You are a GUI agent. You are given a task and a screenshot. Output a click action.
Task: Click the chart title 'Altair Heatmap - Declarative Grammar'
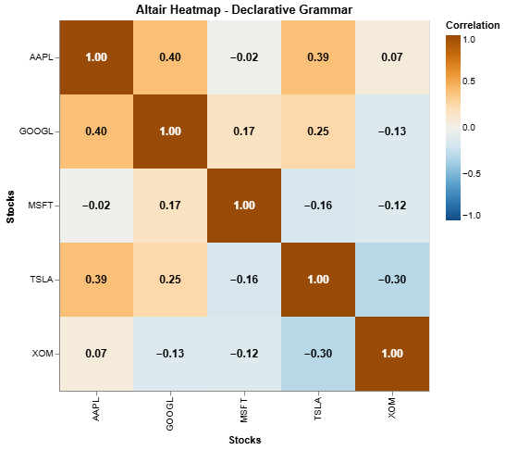tap(244, 9)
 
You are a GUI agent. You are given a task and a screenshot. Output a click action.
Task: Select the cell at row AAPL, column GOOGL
tap(171, 57)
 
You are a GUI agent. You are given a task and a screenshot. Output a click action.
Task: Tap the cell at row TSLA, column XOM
tap(393, 280)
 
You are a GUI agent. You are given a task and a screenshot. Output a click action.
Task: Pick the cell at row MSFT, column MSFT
tap(245, 206)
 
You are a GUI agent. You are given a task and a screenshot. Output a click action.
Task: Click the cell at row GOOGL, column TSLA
tap(319, 131)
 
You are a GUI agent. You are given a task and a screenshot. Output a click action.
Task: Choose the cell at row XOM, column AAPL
tap(97, 354)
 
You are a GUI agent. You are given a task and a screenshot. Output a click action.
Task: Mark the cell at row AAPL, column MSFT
tap(245, 57)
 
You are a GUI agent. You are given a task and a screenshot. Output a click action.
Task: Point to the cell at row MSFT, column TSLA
tap(319, 206)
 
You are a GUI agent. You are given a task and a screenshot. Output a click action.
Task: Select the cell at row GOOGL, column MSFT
tap(245, 131)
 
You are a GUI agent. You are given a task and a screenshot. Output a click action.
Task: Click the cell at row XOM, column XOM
tap(393, 354)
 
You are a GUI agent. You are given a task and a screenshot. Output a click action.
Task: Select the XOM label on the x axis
tap(393, 408)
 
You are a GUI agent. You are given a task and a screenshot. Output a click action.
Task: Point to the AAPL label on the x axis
tap(97, 410)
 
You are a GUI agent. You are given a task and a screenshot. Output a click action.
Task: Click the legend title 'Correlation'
tap(473, 25)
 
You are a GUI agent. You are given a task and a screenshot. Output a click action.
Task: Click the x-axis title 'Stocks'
tap(244, 440)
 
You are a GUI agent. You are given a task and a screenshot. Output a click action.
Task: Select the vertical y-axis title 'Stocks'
tap(12, 206)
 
